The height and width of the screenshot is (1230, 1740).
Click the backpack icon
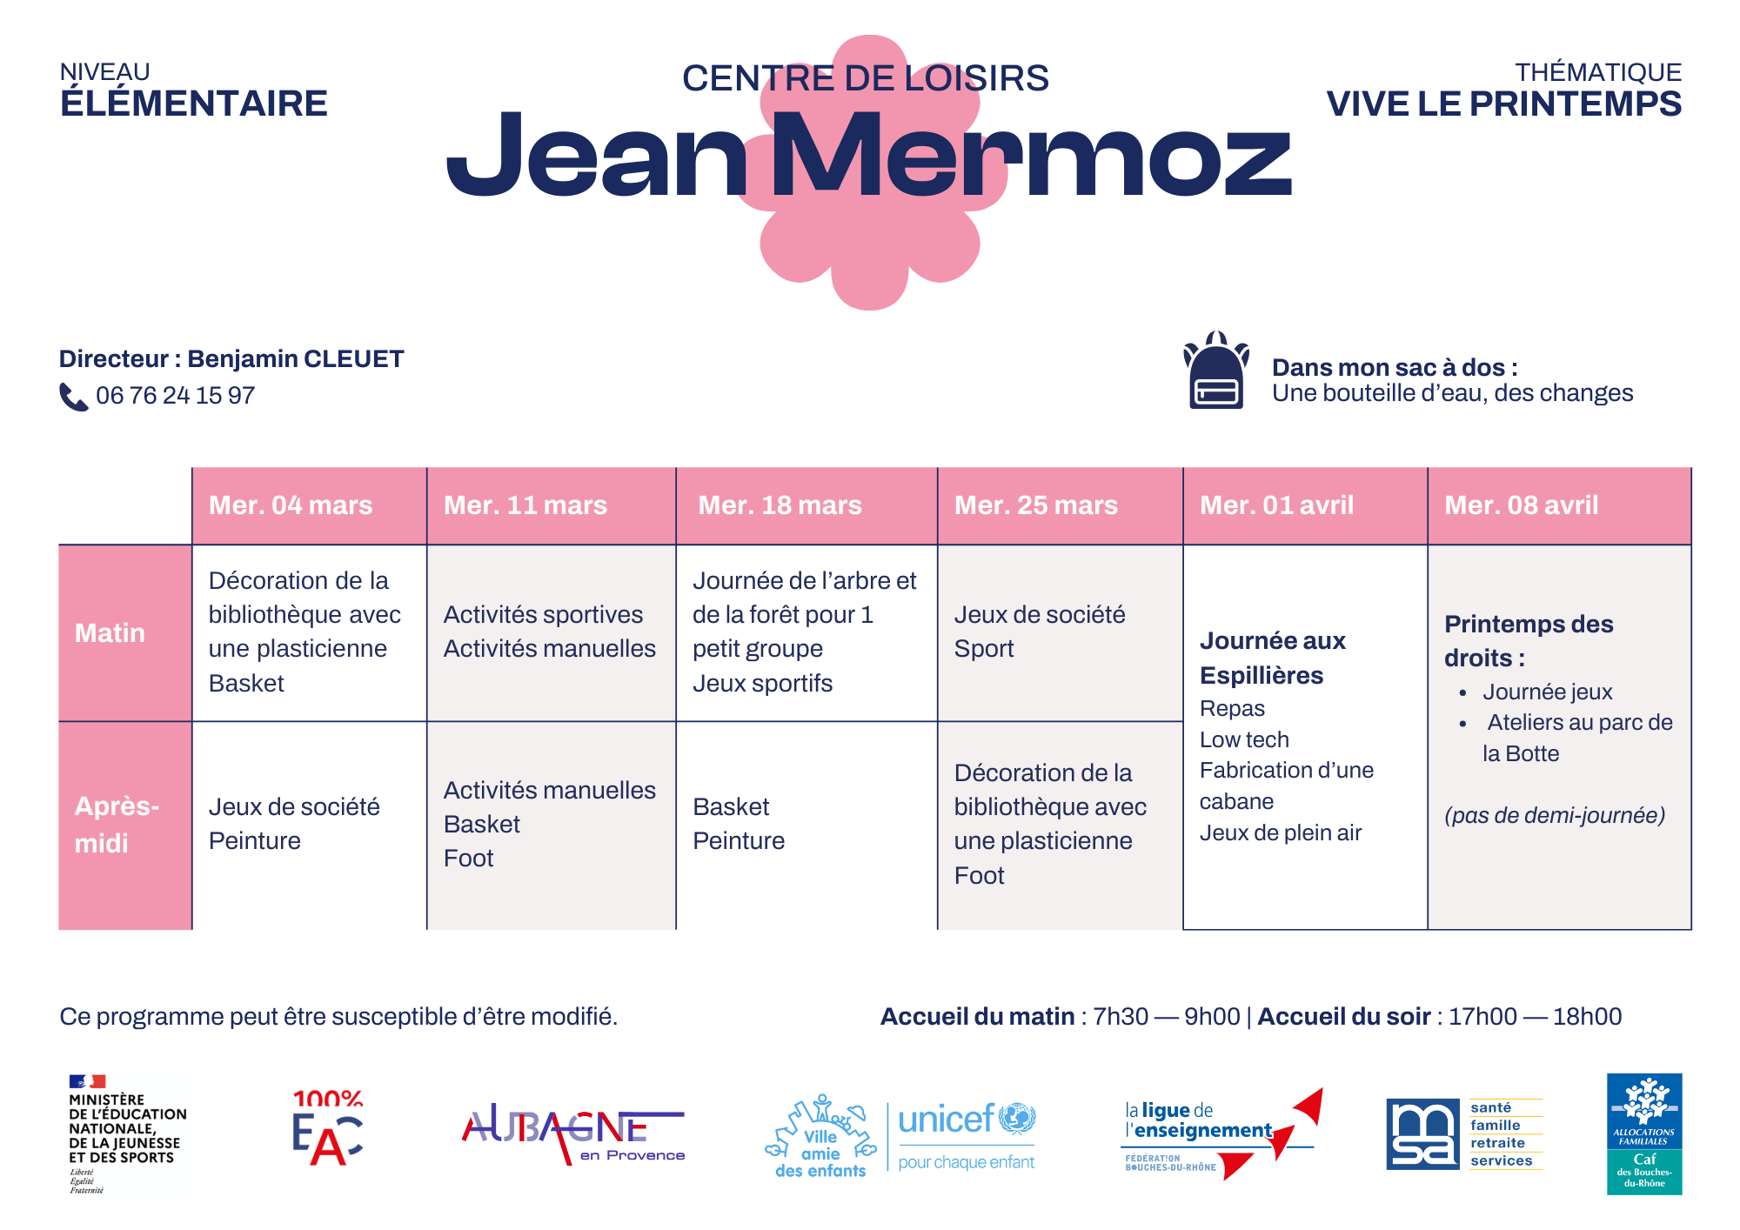coord(1215,371)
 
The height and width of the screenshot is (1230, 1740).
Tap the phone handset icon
coord(73,397)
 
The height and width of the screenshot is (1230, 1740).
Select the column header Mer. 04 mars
coord(291,505)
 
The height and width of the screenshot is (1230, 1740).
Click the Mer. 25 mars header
coord(1035,505)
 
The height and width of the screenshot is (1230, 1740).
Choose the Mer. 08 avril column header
coord(1521,505)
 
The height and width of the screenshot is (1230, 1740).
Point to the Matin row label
coord(110,633)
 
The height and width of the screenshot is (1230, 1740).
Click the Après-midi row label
coord(117,825)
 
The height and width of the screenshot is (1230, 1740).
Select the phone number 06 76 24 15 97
coord(175,396)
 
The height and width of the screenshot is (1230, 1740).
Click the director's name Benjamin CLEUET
coord(296,359)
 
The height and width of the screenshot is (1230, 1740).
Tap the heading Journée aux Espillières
coord(1272,658)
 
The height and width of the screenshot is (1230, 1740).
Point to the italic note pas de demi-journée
coord(1554,816)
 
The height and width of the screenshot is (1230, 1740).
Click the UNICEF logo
coord(966,1135)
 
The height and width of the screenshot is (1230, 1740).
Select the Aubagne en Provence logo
coord(572,1133)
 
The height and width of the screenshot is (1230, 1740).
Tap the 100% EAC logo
coord(327,1127)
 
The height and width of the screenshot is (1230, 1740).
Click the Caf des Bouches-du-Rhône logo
coord(1643,1133)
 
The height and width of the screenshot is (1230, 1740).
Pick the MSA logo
coord(1463,1133)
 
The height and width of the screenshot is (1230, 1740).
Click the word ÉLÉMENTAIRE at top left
coord(193,104)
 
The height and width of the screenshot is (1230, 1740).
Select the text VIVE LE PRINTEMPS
coord(1503,104)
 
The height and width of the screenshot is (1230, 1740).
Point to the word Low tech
coord(1244,740)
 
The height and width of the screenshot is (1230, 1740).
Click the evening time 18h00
coord(1587,1017)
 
